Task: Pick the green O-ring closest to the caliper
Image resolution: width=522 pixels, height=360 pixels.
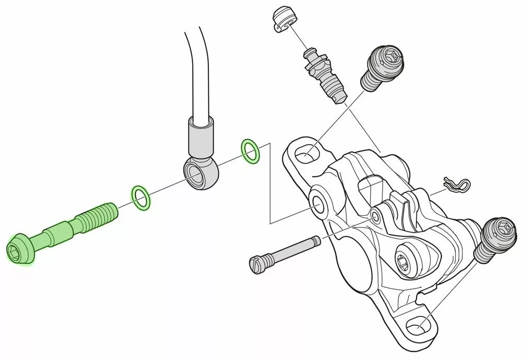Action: click(x=250, y=151)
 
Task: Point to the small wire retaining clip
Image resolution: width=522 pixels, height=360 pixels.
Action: click(x=456, y=183)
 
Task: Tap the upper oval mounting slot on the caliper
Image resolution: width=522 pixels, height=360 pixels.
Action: click(x=305, y=154)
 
